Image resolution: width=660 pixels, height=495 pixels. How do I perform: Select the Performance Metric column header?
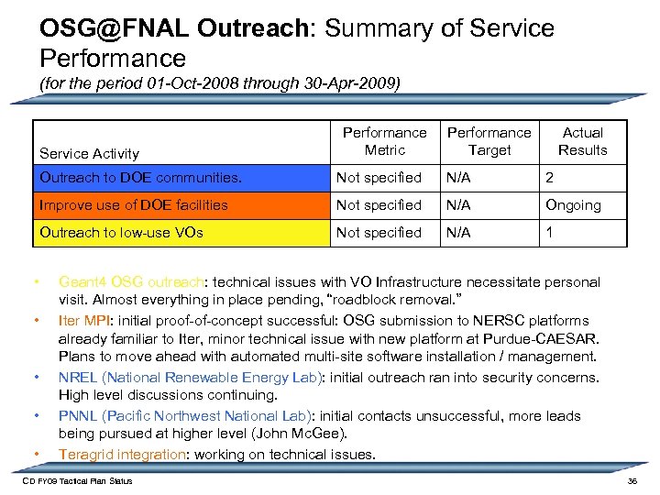tap(384, 141)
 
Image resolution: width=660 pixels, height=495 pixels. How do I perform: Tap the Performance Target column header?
tap(489, 141)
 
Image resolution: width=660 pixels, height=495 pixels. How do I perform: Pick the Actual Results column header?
tap(583, 141)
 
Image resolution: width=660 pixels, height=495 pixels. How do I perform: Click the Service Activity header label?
tap(90, 153)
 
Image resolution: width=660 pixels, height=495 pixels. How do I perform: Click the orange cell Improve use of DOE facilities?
tap(134, 205)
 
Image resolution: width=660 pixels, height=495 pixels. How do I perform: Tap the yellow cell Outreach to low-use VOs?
tap(121, 233)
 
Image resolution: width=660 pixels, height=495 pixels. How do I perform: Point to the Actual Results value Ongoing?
tap(573, 205)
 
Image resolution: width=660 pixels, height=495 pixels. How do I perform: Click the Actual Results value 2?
tap(550, 178)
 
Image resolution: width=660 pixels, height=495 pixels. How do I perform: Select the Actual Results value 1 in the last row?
tap(550, 233)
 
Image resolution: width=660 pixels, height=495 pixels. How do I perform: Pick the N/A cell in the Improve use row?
tap(458, 205)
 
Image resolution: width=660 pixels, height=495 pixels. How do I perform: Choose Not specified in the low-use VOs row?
tap(379, 233)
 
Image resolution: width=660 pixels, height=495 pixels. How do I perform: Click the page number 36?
tap(631, 481)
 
